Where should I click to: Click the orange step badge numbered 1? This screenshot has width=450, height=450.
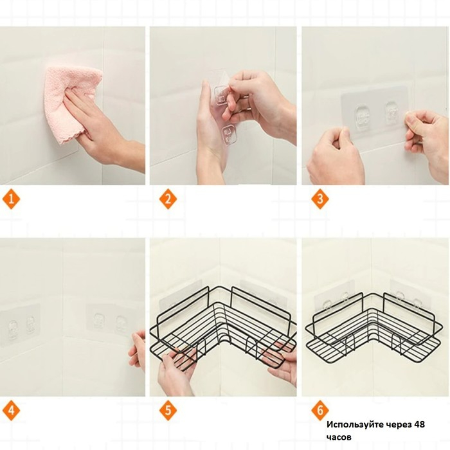[11, 199]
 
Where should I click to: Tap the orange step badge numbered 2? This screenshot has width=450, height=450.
[168, 199]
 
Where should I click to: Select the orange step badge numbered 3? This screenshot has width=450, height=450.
[320, 199]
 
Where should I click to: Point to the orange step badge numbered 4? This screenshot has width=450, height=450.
[11, 410]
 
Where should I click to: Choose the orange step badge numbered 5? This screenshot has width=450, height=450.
[168, 410]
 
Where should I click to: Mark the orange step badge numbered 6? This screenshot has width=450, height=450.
[320, 410]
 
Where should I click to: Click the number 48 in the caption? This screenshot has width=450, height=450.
[419, 424]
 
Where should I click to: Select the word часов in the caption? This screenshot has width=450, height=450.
[339, 437]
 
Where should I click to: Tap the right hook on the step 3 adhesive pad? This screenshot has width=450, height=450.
[392, 113]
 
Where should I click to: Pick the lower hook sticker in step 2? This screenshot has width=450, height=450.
[228, 134]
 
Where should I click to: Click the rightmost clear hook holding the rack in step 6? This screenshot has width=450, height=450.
[418, 305]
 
